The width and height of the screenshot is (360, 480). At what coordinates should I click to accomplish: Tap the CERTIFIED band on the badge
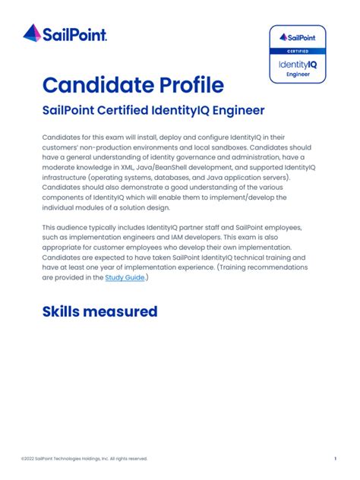coord(298,51)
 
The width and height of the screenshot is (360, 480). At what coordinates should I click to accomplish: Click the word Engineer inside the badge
coord(298,75)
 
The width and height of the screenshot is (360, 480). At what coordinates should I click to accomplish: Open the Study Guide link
coord(125,278)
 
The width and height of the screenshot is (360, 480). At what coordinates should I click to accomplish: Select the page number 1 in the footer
coord(335,458)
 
